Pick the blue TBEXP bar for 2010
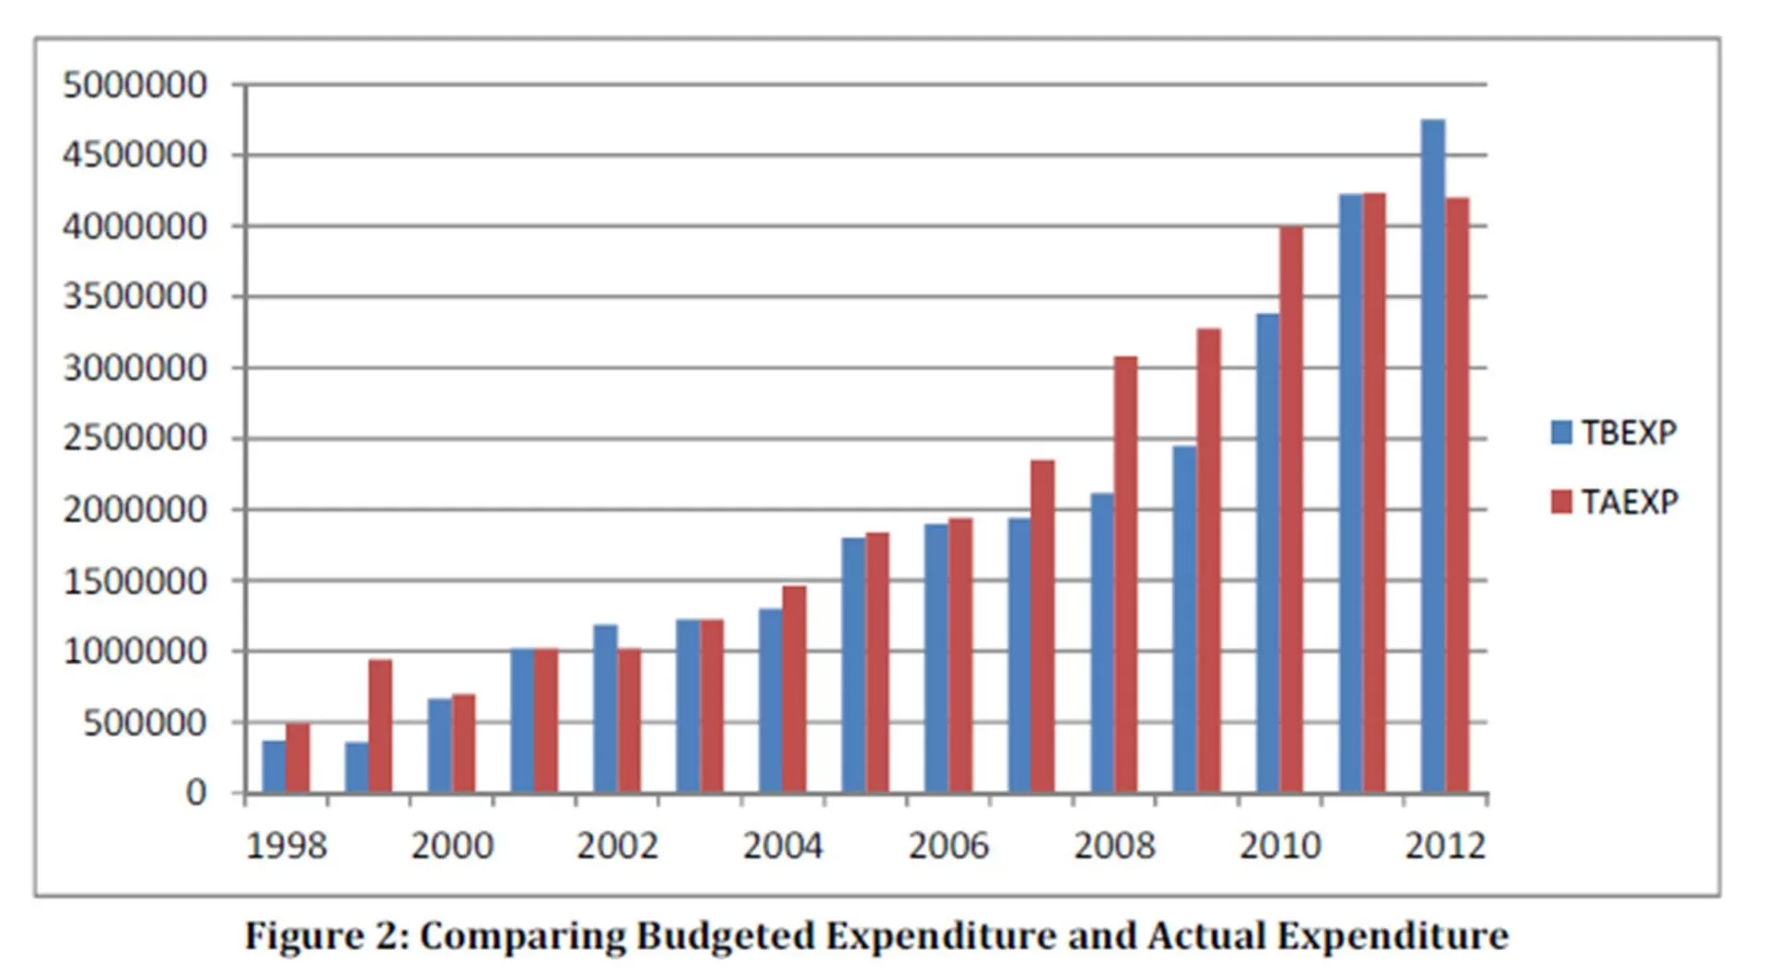click(1268, 552)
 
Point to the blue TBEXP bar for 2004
click(771, 700)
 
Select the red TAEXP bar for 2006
click(960, 655)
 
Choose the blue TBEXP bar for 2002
click(605, 708)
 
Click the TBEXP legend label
click(1628, 433)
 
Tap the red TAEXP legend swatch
click(1561, 502)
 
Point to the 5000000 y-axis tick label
click(134, 85)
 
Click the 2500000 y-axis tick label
click(134, 438)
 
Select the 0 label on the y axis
click(196, 793)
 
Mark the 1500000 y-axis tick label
click(134, 581)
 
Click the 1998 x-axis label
click(286, 845)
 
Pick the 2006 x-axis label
click(948, 845)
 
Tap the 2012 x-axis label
click(1445, 845)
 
